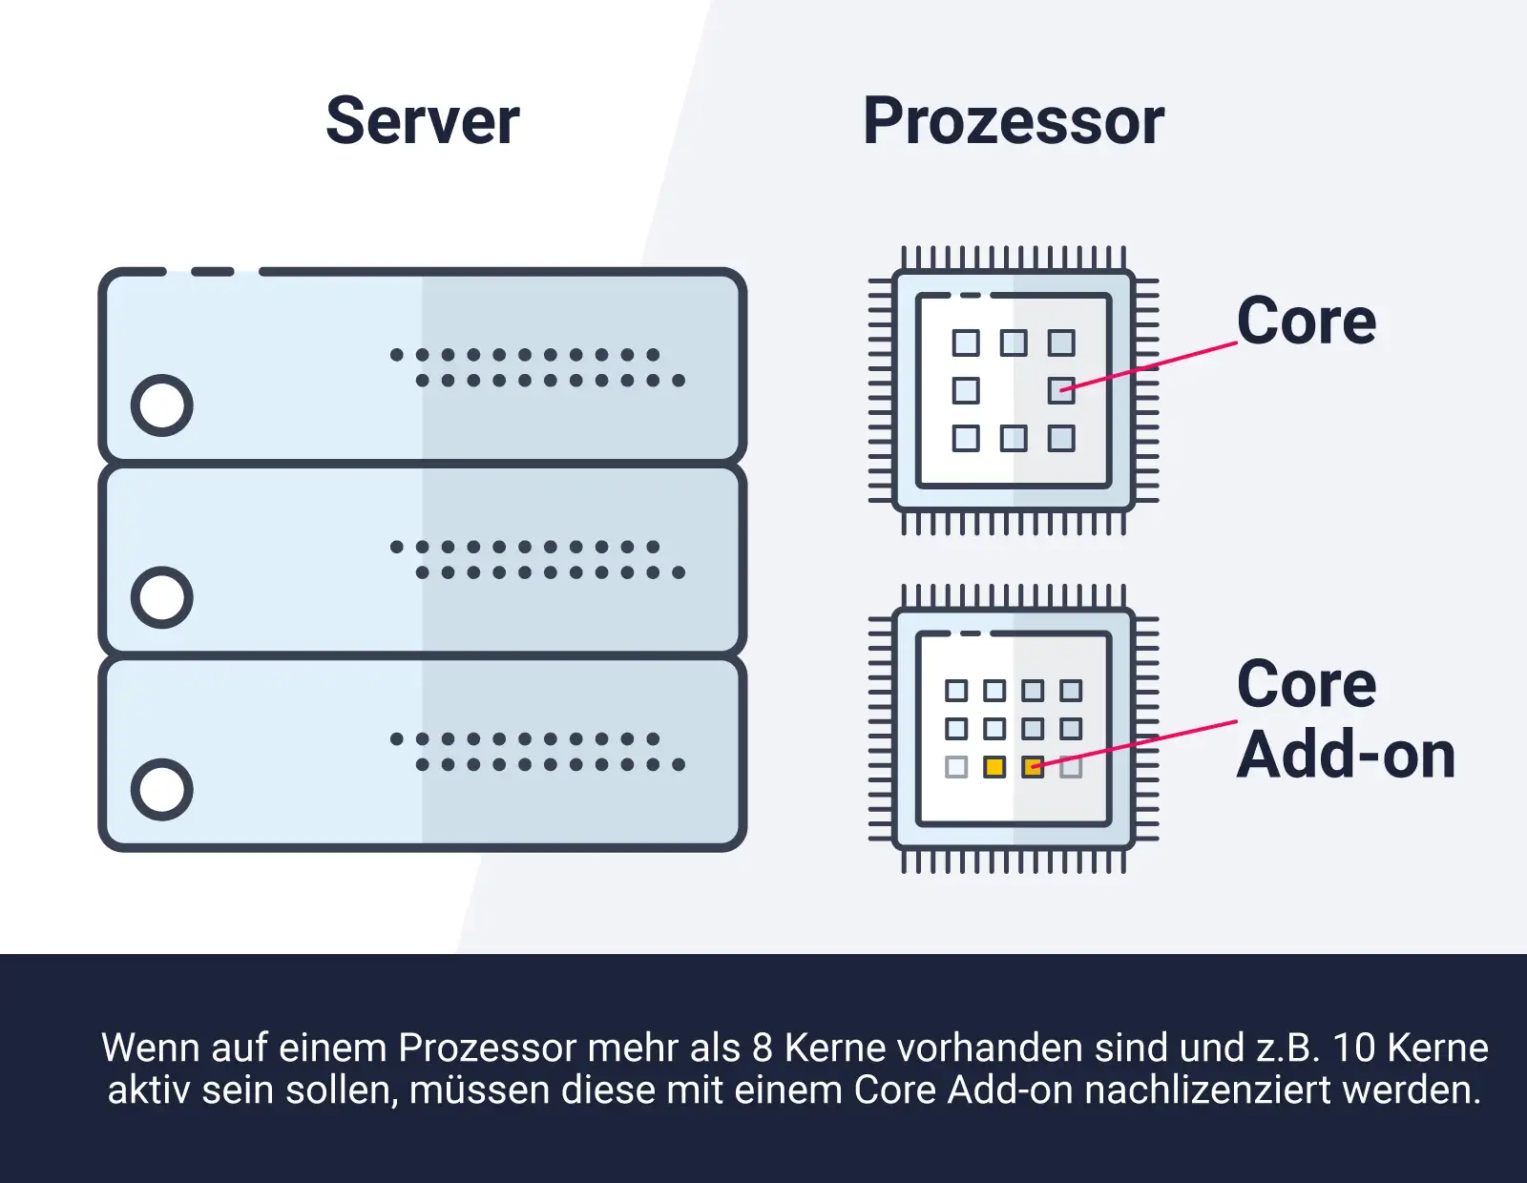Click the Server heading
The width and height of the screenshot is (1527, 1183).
click(x=422, y=121)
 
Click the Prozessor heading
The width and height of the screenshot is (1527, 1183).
click(x=1013, y=121)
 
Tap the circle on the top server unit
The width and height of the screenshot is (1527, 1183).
click(x=162, y=405)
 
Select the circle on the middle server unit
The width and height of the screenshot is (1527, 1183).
click(x=162, y=598)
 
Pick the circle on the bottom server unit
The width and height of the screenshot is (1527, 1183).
click(x=162, y=790)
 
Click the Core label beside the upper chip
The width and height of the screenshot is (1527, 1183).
click(x=1306, y=322)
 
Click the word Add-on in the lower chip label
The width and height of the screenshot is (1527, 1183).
click(x=1346, y=755)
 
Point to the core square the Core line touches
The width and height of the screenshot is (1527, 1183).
click(x=1061, y=390)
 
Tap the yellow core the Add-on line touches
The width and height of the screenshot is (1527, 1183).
click(x=1033, y=767)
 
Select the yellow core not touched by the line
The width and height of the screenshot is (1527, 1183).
click(x=994, y=767)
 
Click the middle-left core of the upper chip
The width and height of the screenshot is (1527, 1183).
click(x=966, y=390)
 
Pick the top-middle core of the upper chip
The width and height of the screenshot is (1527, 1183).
click(x=1014, y=342)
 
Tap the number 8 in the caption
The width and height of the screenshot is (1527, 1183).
click(x=762, y=1048)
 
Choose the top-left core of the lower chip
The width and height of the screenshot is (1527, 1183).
click(x=956, y=691)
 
